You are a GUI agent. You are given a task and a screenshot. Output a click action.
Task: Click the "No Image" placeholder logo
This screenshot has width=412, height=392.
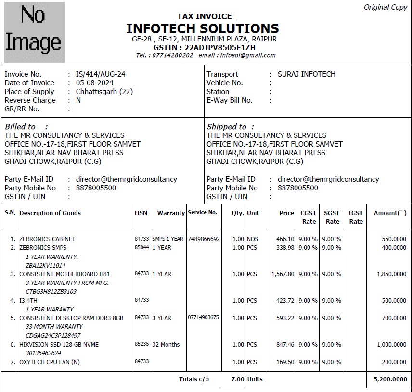tap(34, 32)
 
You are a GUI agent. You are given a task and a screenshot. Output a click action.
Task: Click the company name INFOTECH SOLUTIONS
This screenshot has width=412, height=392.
tap(203, 28)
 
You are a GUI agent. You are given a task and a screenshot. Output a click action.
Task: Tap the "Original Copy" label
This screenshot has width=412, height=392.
tap(385, 7)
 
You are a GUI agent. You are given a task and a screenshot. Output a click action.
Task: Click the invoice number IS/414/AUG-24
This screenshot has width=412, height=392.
tap(101, 74)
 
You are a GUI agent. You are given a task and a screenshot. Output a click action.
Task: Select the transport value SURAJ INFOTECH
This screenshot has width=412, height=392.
tap(307, 74)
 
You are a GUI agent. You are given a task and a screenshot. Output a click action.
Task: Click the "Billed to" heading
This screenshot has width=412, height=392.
tap(21, 127)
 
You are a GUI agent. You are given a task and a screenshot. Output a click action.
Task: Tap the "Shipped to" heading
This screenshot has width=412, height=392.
tap(227, 127)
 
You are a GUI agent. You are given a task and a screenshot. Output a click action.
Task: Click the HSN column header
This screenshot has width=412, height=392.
tap(141, 213)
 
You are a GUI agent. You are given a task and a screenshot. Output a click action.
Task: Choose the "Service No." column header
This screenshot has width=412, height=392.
tap(202, 213)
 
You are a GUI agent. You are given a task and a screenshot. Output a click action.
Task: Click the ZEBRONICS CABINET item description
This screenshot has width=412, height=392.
tap(47, 239)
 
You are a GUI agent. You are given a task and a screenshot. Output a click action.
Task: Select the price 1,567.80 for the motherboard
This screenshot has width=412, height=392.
tap(283, 274)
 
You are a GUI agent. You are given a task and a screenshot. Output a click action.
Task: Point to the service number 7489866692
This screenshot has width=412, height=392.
tap(204, 239)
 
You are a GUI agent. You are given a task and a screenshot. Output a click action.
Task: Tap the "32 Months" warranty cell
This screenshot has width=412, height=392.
tap(166, 345)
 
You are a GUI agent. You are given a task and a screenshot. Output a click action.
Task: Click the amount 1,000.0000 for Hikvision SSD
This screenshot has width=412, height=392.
tap(391, 345)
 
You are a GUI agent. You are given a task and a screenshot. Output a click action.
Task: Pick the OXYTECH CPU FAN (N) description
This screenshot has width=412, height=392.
tap(49, 362)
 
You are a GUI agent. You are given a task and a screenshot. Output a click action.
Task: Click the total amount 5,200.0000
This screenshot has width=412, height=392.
tap(390, 379)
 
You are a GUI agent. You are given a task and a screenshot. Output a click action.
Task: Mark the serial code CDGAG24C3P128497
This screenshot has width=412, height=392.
tap(53, 336)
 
